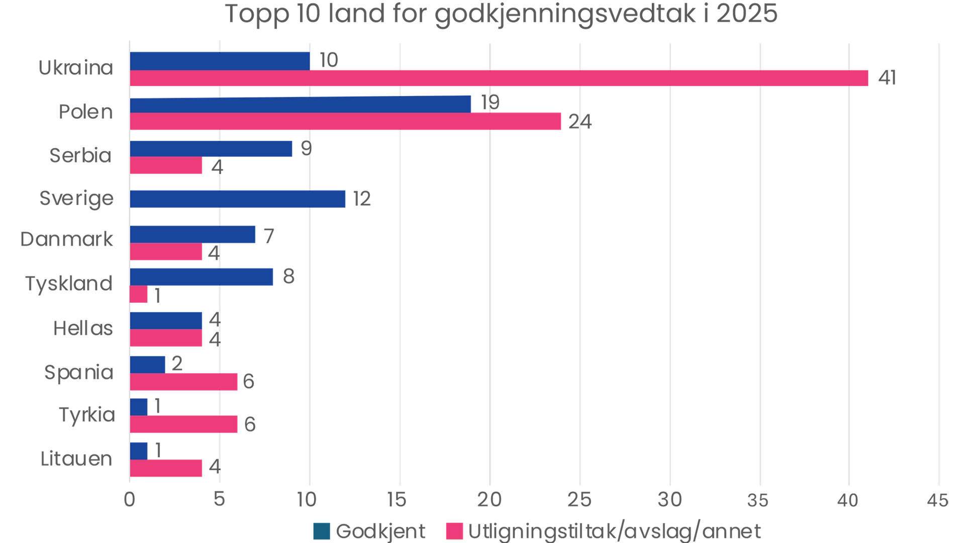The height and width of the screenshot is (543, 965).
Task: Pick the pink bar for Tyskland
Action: pyautogui.click(x=139, y=295)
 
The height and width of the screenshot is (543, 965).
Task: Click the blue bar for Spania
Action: pyautogui.click(x=148, y=365)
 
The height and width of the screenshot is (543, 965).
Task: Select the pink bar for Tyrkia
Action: pyautogui.click(x=184, y=424)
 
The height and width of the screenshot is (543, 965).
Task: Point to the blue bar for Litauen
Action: pyautogui.click(x=139, y=450)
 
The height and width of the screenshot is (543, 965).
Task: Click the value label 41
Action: pyautogui.click(x=887, y=78)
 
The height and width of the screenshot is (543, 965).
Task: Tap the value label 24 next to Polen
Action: pyautogui.click(x=580, y=122)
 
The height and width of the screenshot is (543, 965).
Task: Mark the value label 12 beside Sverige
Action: pyautogui.click(x=362, y=199)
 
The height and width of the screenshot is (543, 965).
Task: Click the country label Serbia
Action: pyautogui.click(x=81, y=156)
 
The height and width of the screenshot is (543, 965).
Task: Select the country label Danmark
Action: pyautogui.click(x=67, y=239)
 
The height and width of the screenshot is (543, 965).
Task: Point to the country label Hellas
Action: pyautogui.click(x=83, y=328)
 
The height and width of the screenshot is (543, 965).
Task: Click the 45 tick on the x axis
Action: pyautogui.click(x=938, y=500)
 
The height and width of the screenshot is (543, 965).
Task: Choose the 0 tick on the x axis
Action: pyautogui.click(x=130, y=500)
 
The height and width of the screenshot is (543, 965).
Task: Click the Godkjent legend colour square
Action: pyautogui.click(x=322, y=531)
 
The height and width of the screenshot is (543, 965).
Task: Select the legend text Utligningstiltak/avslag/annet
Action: pyautogui.click(x=614, y=531)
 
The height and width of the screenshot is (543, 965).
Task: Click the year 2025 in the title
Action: pyautogui.click(x=747, y=14)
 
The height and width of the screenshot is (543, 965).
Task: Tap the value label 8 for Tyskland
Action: pyautogui.click(x=288, y=277)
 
